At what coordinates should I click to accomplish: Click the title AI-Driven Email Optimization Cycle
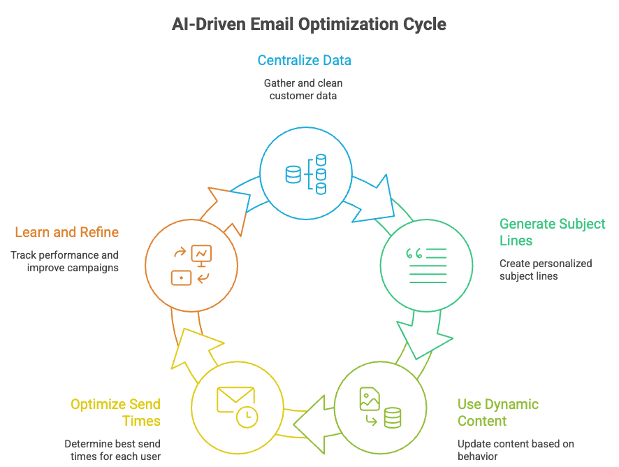309,24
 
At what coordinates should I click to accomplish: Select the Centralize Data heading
304,60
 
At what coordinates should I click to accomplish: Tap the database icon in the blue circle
306,173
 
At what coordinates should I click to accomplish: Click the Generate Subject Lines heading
552,232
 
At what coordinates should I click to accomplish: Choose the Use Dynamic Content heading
497,412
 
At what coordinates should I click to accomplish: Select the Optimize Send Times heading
115,412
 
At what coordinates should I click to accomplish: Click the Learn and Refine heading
66,232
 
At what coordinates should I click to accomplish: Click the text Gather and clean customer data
303,89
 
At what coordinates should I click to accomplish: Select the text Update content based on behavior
516,450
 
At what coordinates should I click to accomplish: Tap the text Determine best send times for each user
112,450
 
